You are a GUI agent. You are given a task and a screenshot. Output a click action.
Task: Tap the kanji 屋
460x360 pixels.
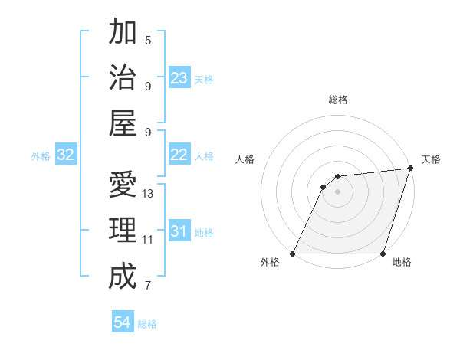[123, 123]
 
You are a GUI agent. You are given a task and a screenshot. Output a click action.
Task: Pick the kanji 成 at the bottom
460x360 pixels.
[123, 276]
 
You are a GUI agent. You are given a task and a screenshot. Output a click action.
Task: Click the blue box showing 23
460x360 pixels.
[179, 78]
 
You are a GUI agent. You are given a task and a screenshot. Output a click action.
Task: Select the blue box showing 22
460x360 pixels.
[179, 155]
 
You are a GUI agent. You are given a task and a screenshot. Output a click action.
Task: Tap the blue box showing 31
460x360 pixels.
[179, 231]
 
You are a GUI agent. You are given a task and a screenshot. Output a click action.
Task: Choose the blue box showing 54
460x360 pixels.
[123, 322]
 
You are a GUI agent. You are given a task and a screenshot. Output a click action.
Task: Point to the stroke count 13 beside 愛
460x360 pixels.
[148, 194]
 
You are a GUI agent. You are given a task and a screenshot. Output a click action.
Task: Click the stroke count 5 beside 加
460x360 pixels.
[148, 40]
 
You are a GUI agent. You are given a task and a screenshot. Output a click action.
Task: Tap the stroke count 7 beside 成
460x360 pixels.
[148, 286]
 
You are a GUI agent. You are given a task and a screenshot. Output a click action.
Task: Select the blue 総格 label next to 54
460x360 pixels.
[147, 324]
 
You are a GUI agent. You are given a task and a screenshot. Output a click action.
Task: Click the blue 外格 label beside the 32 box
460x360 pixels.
[41, 156]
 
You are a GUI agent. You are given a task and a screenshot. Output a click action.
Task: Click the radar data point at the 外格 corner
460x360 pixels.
[293, 254]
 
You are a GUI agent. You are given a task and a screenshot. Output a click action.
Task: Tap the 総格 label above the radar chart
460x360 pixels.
[338, 100]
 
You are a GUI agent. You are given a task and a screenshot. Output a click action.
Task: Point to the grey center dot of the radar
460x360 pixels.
[337, 192]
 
